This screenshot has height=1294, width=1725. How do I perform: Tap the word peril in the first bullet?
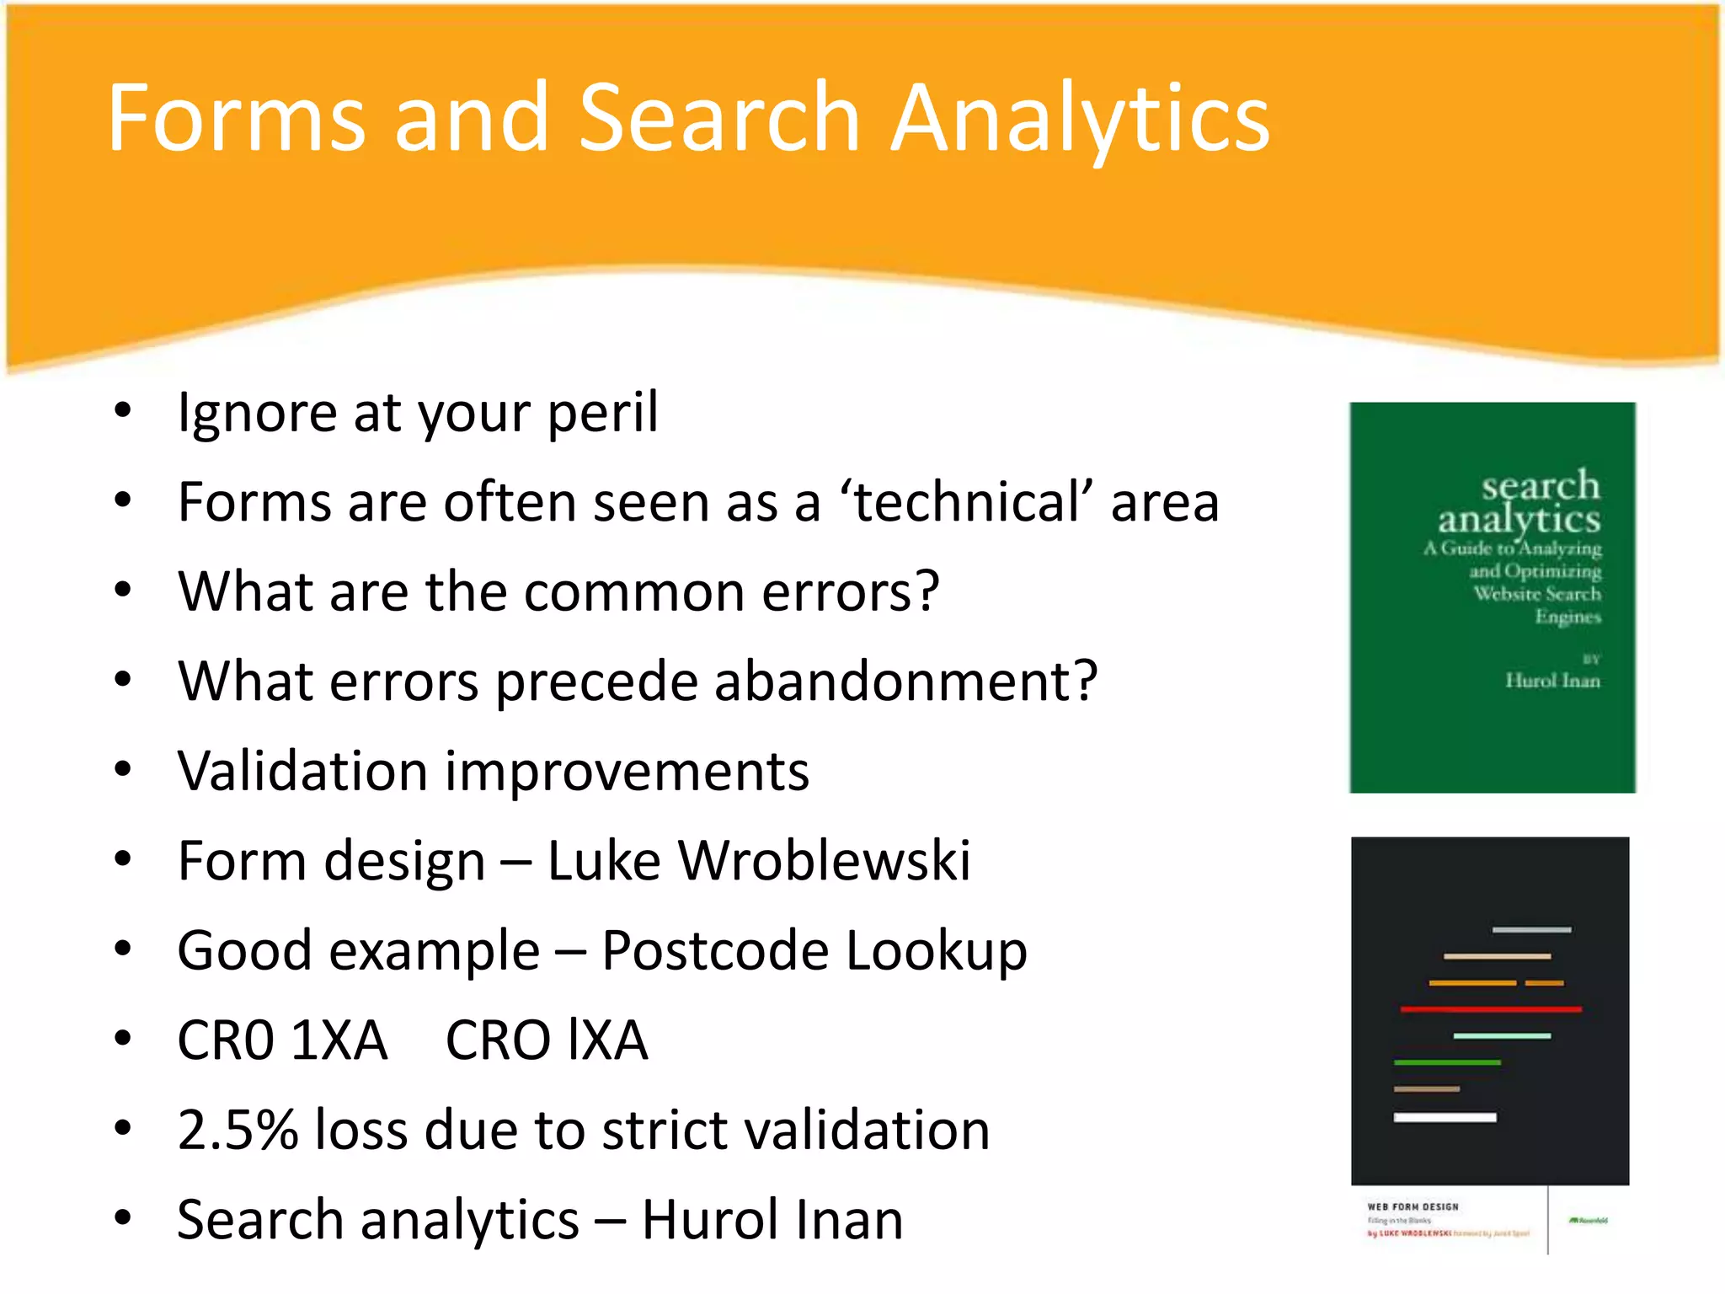pyautogui.click(x=602, y=413)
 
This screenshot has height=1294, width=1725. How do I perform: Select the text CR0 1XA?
pyautogui.click(x=282, y=1040)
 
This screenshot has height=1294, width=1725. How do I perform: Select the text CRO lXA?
pyautogui.click(x=546, y=1040)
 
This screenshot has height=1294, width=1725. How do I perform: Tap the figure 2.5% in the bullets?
pyautogui.click(x=238, y=1130)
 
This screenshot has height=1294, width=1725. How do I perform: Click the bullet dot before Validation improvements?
pyautogui.click(x=123, y=769)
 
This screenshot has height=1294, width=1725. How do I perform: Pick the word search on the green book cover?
pyautogui.click(x=1540, y=485)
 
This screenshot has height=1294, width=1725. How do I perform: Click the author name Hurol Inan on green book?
pyautogui.click(x=1551, y=681)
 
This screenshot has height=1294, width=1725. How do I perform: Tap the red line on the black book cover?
pyautogui.click(x=1490, y=1008)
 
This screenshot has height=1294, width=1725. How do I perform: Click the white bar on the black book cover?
pyautogui.click(x=1445, y=1117)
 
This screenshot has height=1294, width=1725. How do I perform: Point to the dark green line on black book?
pyautogui.click(x=1446, y=1062)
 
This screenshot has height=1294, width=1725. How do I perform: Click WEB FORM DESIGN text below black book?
pyautogui.click(x=1413, y=1206)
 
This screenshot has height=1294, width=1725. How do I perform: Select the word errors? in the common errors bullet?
pyautogui.click(x=850, y=591)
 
